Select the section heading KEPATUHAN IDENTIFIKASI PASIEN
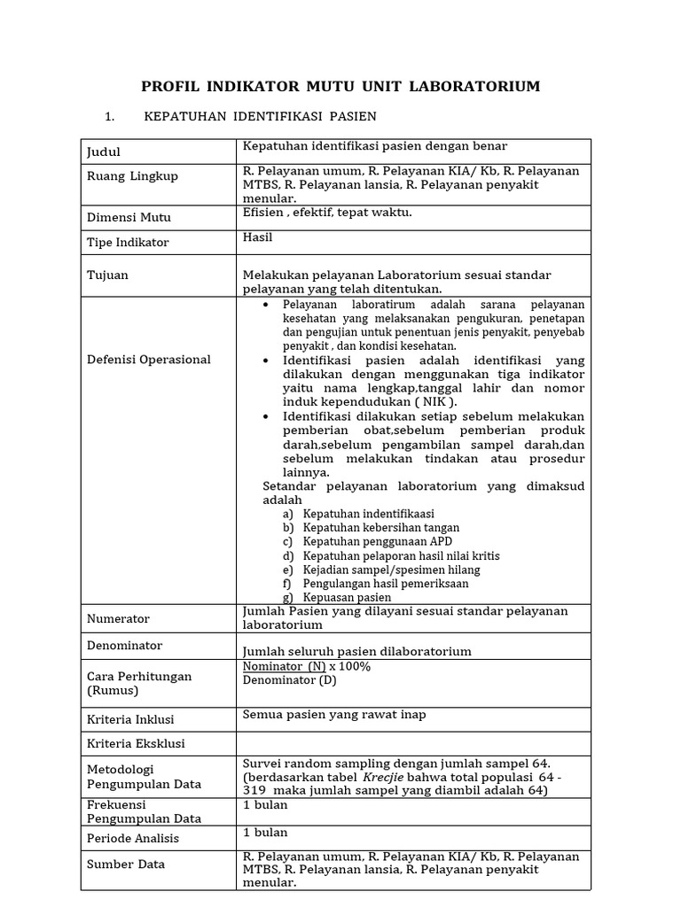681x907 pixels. pyautogui.click(x=259, y=117)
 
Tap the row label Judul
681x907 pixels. pyautogui.click(x=103, y=152)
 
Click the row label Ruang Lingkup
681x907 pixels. pyautogui.click(x=132, y=176)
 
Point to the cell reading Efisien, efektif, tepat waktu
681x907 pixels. pyautogui.click(x=327, y=213)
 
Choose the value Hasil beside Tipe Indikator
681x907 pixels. pyautogui.click(x=258, y=237)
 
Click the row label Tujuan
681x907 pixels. pyautogui.click(x=107, y=275)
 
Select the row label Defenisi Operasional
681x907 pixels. pyautogui.click(x=148, y=360)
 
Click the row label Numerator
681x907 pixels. pyautogui.click(x=118, y=619)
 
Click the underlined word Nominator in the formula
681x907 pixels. pyautogui.click(x=272, y=666)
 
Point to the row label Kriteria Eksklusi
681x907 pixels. pyautogui.click(x=136, y=743)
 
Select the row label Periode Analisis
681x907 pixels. pyautogui.click(x=132, y=838)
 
